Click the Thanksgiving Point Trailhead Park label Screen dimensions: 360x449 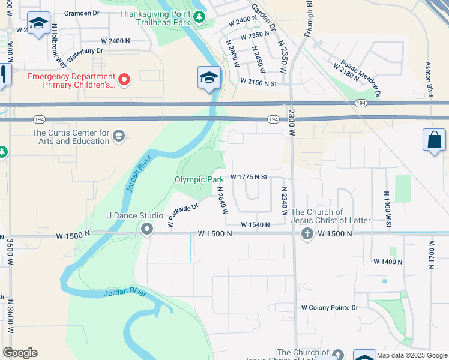(x=158, y=17)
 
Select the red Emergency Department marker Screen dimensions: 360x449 (x=124, y=79)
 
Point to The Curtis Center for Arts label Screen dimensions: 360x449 (x=71, y=137)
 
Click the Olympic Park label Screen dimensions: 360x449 (x=199, y=179)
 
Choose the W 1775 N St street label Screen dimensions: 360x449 (x=248, y=178)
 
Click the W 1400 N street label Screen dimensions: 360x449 (x=387, y=262)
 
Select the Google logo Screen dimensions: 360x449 (x=20, y=353)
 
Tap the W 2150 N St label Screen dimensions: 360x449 (x=258, y=81)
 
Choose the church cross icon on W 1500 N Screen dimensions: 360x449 (x=307, y=233)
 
